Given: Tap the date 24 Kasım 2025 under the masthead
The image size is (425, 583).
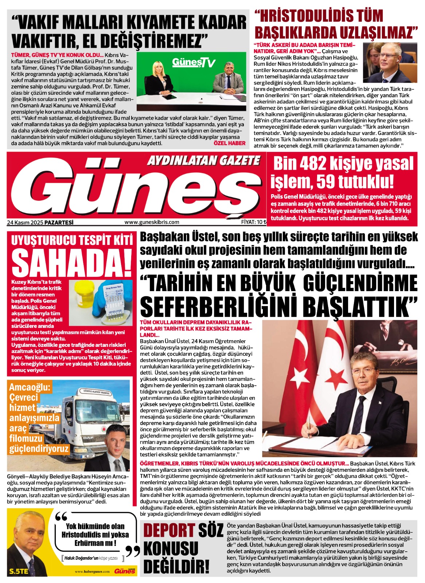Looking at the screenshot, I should (x=24, y=222).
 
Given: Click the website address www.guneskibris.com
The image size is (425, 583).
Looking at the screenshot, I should (x=152, y=222).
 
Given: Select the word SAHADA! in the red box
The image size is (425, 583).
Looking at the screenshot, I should (x=71, y=262).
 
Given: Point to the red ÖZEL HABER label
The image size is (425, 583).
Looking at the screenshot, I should (x=229, y=143).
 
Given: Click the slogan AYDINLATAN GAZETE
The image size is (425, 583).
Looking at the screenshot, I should (x=204, y=160).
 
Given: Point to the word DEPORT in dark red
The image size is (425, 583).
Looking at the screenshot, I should (x=169, y=531).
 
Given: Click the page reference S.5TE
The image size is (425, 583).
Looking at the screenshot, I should (x=19, y=571).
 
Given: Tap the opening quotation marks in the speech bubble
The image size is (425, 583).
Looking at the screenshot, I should (x=61, y=517).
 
